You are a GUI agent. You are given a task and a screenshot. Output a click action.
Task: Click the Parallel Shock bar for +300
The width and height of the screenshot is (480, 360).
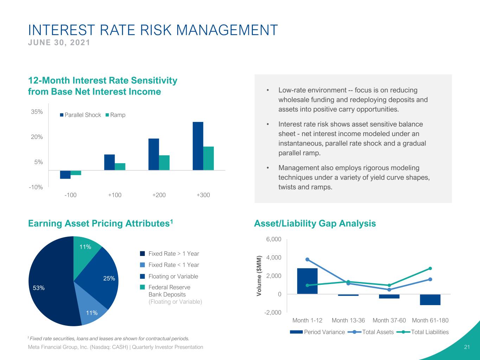[198, 146]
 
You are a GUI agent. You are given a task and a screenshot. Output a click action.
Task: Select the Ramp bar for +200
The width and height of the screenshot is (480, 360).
[164, 163]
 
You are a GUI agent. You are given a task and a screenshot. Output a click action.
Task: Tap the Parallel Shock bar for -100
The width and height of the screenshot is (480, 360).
[65, 175]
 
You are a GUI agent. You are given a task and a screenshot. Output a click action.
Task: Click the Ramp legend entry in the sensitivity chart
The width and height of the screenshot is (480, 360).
[115, 115]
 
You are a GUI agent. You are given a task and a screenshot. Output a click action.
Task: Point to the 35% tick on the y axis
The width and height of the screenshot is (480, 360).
[37, 112]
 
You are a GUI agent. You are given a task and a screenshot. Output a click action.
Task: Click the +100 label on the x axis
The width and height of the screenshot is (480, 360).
[115, 195]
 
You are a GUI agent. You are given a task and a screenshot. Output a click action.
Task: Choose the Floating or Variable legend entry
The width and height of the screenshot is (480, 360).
[169, 276]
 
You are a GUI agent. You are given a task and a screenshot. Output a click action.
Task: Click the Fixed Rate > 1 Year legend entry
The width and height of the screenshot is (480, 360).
[169, 253]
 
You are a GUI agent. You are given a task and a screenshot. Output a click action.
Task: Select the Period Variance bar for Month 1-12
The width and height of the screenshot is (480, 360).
[307, 281]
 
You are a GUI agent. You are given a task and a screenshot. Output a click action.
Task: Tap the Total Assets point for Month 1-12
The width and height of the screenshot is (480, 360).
[307, 259]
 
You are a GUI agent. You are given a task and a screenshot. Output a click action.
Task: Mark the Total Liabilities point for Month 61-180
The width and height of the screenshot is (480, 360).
[430, 268]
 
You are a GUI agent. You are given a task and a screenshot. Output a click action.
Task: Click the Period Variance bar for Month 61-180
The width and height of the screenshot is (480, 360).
[430, 300]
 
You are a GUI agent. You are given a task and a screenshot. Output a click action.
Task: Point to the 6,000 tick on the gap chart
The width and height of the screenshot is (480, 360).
[274, 239]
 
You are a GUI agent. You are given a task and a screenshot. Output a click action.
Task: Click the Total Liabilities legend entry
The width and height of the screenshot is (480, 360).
[422, 332]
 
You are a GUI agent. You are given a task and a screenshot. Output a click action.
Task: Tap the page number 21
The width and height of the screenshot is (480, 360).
[467, 347]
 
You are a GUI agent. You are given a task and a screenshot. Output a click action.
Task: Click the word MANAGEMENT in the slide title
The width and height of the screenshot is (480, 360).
[227, 30]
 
